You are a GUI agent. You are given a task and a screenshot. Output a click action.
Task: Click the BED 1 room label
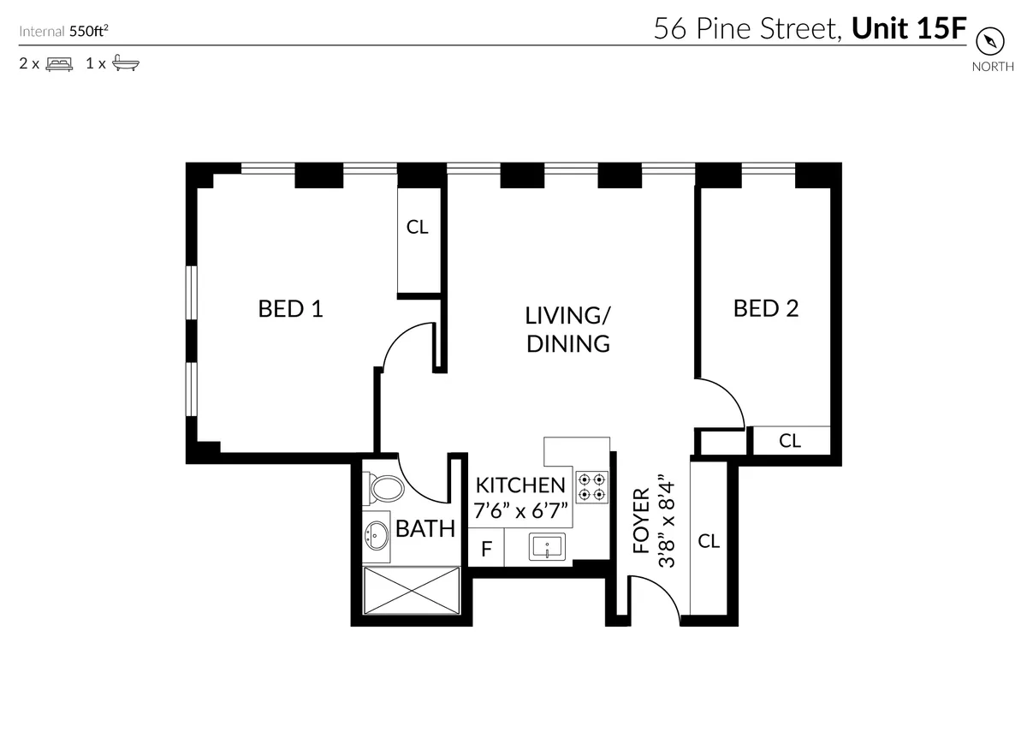(290, 308)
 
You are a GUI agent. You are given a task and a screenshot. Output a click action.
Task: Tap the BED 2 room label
(765, 308)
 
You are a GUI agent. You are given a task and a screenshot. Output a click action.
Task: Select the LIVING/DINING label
(567, 329)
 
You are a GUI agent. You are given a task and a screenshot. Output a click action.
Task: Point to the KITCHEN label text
(520, 485)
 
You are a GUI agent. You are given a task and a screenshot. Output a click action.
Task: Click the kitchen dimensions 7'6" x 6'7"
(520, 511)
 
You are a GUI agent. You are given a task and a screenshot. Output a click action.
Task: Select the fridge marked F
(486, 549)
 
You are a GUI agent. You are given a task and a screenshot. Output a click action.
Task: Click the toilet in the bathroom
(385, 491)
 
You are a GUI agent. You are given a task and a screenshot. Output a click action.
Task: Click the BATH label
(425, 528)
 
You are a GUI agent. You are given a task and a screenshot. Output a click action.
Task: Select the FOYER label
(641, 521)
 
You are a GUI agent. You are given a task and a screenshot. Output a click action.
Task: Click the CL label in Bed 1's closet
(417, 227)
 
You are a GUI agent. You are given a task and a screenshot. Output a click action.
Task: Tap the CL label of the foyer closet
(709, 541)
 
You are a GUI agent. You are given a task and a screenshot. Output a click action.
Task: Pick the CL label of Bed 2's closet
(789, 441)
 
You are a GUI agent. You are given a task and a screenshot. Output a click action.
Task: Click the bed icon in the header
(59, 63)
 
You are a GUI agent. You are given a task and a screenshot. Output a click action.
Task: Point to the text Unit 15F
(909, 30)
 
